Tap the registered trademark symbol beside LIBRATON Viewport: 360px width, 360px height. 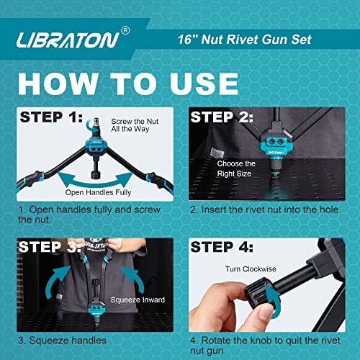[x=125, y=30]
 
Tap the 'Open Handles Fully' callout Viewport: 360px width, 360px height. [x=95, y=192]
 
